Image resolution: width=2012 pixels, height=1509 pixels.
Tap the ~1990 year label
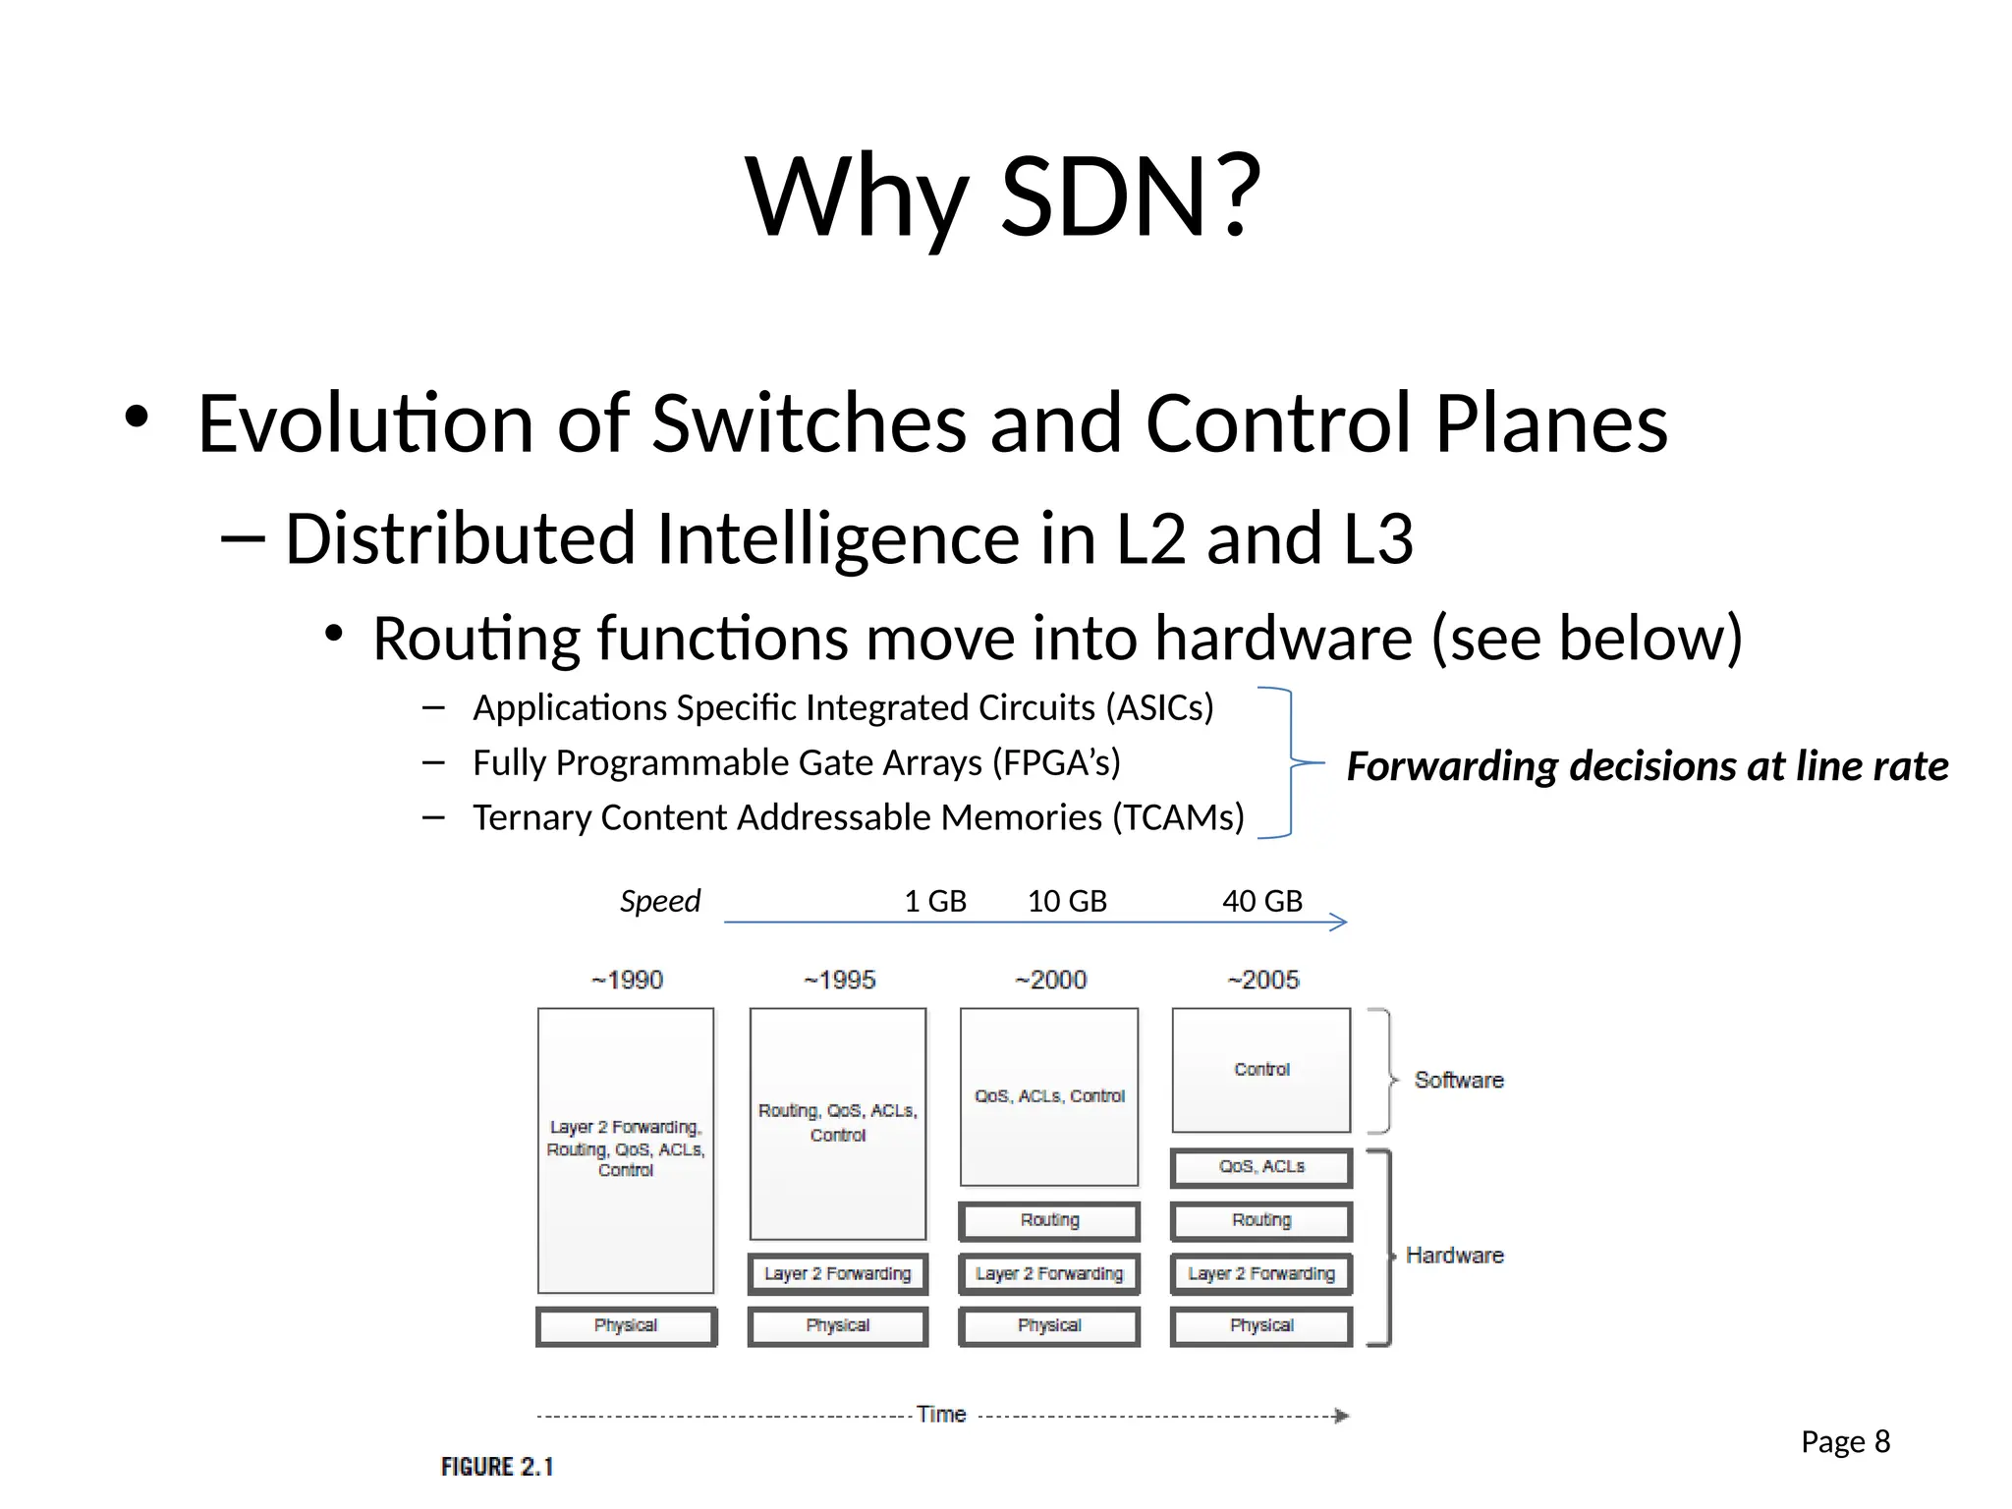[x=627, y=979]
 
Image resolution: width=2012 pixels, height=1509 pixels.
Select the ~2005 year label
[x=1262, y=979]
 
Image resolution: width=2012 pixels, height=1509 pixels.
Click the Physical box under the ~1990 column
[x=626, y=1325]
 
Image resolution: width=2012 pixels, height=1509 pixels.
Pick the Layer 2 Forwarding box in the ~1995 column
[x=838, y=1273]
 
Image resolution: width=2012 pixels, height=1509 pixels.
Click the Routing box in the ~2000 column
[x=1049, y=1220]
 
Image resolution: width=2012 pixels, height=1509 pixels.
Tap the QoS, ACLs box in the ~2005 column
[x=1261, y=1167]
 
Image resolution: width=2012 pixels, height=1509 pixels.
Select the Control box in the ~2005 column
[x=1261, y=1069]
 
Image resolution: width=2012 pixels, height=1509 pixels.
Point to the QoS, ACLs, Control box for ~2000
[x=1049, y=1095]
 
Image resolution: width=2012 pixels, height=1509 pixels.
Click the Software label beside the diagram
[x=1459, y=1080]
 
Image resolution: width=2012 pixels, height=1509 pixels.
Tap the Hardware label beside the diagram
[x=1454, y=1256]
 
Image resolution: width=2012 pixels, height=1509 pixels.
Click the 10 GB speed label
[x=1067, y=901]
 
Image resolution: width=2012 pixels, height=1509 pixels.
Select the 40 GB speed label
[x=1262, y=901]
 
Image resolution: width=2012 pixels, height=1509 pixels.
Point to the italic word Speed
[x=660, y=901]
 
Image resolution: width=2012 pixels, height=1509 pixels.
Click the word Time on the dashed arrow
[x=941, y=1414]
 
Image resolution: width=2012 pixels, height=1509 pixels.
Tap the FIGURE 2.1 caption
[x=497, y=1467]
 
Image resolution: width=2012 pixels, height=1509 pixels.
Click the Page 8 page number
[x=1845, y=1441]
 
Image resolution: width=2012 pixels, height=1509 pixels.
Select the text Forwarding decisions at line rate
[x=1648, y=766]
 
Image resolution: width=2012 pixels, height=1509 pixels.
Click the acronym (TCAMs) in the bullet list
[x=1178, y=817]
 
